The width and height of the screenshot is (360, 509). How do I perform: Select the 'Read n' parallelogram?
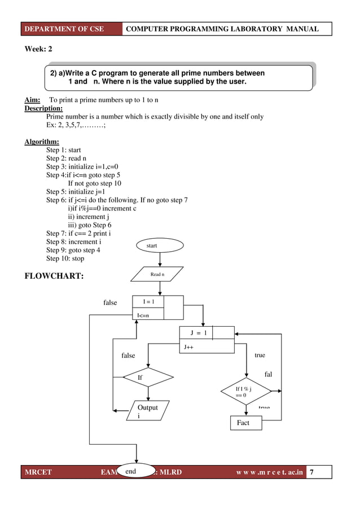157,274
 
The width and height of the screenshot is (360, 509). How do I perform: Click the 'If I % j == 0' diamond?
244,392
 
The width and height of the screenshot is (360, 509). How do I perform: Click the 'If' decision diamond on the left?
148,378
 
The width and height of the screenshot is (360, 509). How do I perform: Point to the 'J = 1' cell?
198,333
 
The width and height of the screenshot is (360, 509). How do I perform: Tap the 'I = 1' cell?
149,302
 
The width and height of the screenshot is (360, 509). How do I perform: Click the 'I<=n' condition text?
144,315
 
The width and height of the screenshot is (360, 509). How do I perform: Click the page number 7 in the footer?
319,472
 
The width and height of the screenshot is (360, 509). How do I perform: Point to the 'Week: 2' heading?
38,50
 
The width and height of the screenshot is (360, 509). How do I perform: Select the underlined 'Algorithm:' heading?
41,142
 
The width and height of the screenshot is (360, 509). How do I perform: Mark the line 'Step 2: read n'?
67,159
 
